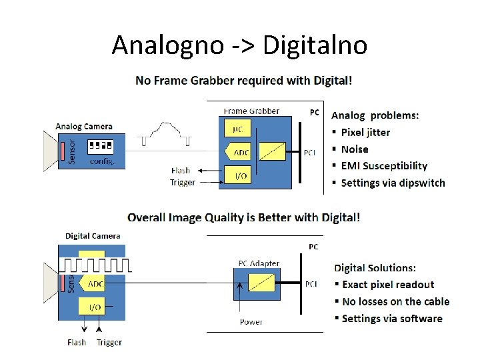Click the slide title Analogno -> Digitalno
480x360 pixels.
tap(239, 45)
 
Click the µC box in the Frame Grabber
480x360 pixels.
tap(237, 128)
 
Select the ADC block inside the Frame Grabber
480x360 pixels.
tap(239, 153)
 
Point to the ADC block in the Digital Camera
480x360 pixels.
tap(93, 284)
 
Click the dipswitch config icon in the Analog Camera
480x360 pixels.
tap(100, 145)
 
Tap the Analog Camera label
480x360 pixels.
tap(84, 126)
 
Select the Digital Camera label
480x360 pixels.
tap(93, 235)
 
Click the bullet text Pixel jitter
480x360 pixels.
tap(365, 132)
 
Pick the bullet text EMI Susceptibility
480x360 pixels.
tap(384, 166)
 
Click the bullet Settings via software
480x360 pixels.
tap(392, 319)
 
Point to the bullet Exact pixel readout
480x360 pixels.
tap(388, 285)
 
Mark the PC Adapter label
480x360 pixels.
tap(259, 263)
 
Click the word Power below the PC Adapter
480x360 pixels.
tap(251, 322)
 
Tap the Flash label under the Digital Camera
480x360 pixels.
tap(77, 343)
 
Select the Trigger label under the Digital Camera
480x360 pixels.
tap(109, 343)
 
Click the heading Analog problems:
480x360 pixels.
tap(375, 115)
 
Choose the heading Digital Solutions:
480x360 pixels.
tap(375, 268)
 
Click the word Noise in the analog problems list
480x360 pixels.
tap(355, 149)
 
